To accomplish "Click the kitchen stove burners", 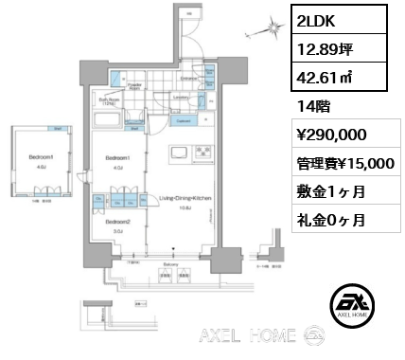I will pyautogui.click(x=202, y=154).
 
